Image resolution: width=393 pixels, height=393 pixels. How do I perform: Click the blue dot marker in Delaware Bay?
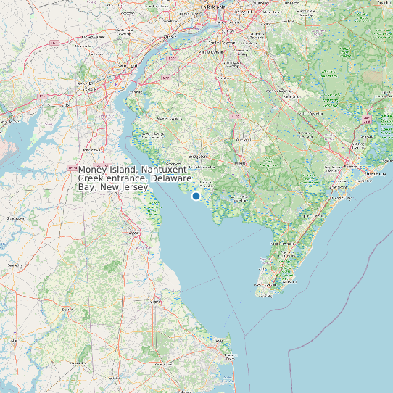196,196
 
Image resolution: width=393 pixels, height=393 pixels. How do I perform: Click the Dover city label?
133,233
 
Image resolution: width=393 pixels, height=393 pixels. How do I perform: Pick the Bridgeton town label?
198,155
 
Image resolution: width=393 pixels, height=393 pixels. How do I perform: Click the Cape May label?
265,294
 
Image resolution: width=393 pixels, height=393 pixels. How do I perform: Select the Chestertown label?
13,218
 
